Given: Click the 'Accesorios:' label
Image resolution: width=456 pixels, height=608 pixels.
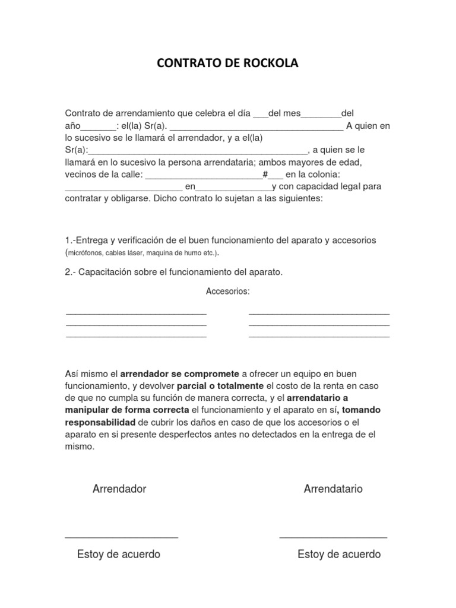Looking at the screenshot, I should [x=227, y=292].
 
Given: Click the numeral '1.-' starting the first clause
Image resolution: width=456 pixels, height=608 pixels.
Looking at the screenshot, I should [x=71, y=240].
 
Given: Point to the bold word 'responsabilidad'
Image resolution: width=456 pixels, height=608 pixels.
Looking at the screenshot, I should [x=100, y=422].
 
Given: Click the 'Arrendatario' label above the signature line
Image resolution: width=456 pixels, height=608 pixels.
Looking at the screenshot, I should [x=333, y=489].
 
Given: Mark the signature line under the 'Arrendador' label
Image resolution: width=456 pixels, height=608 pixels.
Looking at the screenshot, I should [x=121, y=537].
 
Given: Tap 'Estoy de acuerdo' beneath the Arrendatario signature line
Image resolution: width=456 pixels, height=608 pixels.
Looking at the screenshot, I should [x=339, y=555].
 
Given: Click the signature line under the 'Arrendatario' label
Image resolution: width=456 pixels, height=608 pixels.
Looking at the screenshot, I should [x=333, y=537].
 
